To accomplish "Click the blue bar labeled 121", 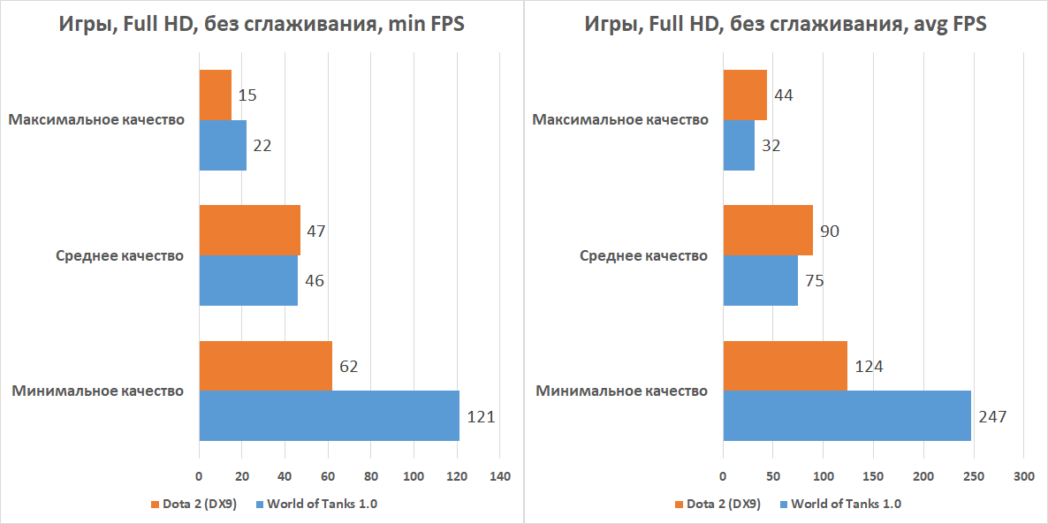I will (329, 415).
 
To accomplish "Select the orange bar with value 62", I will (265, 366).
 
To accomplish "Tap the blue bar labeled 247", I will (847, 415).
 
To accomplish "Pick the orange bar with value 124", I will (785, 366).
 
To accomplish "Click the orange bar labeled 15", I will (215, 95).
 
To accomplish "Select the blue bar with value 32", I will (739, 146).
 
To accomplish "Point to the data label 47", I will (316, 232).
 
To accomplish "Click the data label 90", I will (829, 232).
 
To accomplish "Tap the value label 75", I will (814, 282).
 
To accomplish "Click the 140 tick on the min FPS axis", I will (500, 478).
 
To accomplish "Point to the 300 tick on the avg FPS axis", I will (1023, 478).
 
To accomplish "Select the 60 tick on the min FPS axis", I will (328, 478).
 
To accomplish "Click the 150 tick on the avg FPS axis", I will (873, 478).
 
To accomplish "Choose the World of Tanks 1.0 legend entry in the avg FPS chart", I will (846, 505).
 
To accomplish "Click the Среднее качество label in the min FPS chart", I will (119, 256).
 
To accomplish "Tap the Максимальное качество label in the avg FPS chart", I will (620, 120).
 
